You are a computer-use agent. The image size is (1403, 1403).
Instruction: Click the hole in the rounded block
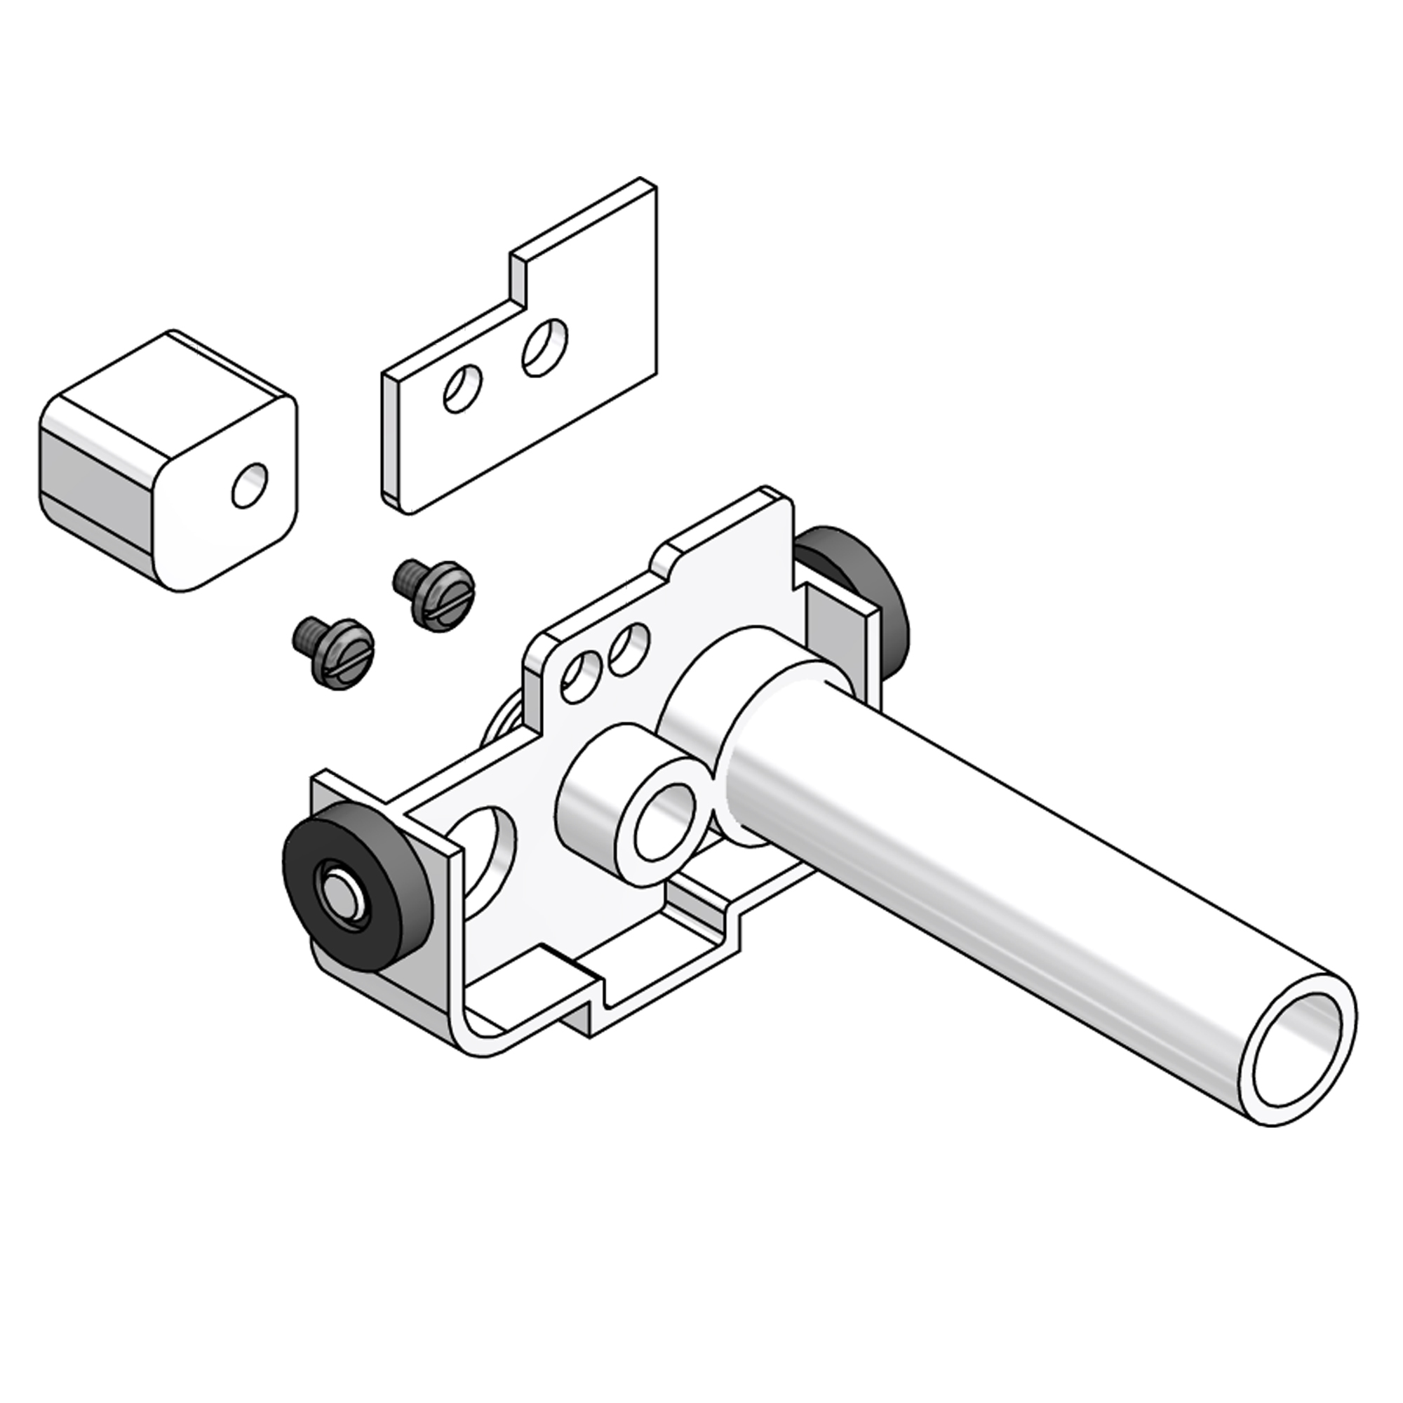click(x=249, y=485)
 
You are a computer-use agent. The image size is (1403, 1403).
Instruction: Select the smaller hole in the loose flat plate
click(x=462, y=389)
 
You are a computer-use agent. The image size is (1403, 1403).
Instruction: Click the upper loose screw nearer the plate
click(x=436, y=593)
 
